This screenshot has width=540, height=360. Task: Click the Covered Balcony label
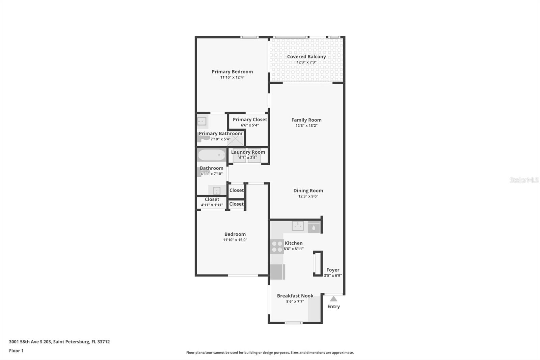306,57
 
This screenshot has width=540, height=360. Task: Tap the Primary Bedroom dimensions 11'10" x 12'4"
232,77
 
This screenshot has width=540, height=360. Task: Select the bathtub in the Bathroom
212,155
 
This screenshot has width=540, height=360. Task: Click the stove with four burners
277,247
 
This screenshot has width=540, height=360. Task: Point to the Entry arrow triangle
333,299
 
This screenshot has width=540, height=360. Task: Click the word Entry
333,307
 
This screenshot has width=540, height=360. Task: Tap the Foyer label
333,270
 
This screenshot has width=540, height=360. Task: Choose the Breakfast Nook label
295,296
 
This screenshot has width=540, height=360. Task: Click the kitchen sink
298,226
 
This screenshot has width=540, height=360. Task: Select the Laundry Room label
248,152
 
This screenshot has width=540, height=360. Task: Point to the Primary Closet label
250,120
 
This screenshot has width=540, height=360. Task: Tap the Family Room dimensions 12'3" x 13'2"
306,126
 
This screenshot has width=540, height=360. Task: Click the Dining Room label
308,190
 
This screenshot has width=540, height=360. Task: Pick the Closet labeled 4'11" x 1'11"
212,202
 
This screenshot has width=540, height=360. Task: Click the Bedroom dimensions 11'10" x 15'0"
235,240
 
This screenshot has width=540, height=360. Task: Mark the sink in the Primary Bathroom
202,121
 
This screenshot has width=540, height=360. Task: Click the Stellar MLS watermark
524,180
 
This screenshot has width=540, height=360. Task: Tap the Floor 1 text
16,351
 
